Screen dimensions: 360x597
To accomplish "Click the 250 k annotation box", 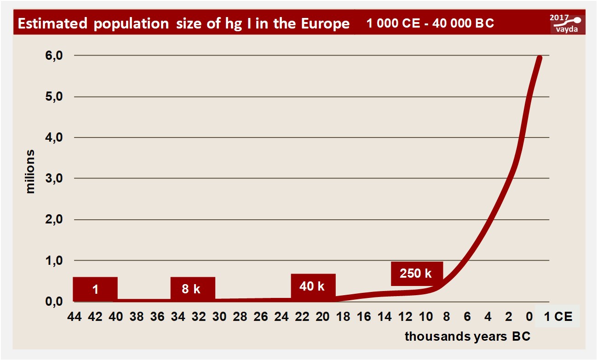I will [x=417, y=274].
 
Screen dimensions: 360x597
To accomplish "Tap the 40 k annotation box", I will [x=313, y=286].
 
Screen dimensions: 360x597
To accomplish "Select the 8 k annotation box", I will [x=192, y=289].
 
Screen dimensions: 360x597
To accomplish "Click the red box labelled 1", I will [x=95, y=289].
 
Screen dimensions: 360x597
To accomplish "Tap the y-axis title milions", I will [x=30, y=171].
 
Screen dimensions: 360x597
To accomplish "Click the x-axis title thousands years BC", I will [x=467, y=337].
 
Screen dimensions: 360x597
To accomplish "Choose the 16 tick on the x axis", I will [x=364, y=317].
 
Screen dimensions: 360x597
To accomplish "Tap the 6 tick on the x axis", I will [x=467, y=317].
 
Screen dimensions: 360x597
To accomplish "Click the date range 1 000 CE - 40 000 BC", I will [x=430, y=23].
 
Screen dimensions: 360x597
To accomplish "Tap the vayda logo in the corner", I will [x=569, y=28].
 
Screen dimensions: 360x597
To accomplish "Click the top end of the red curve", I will [x=540, y=58].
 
